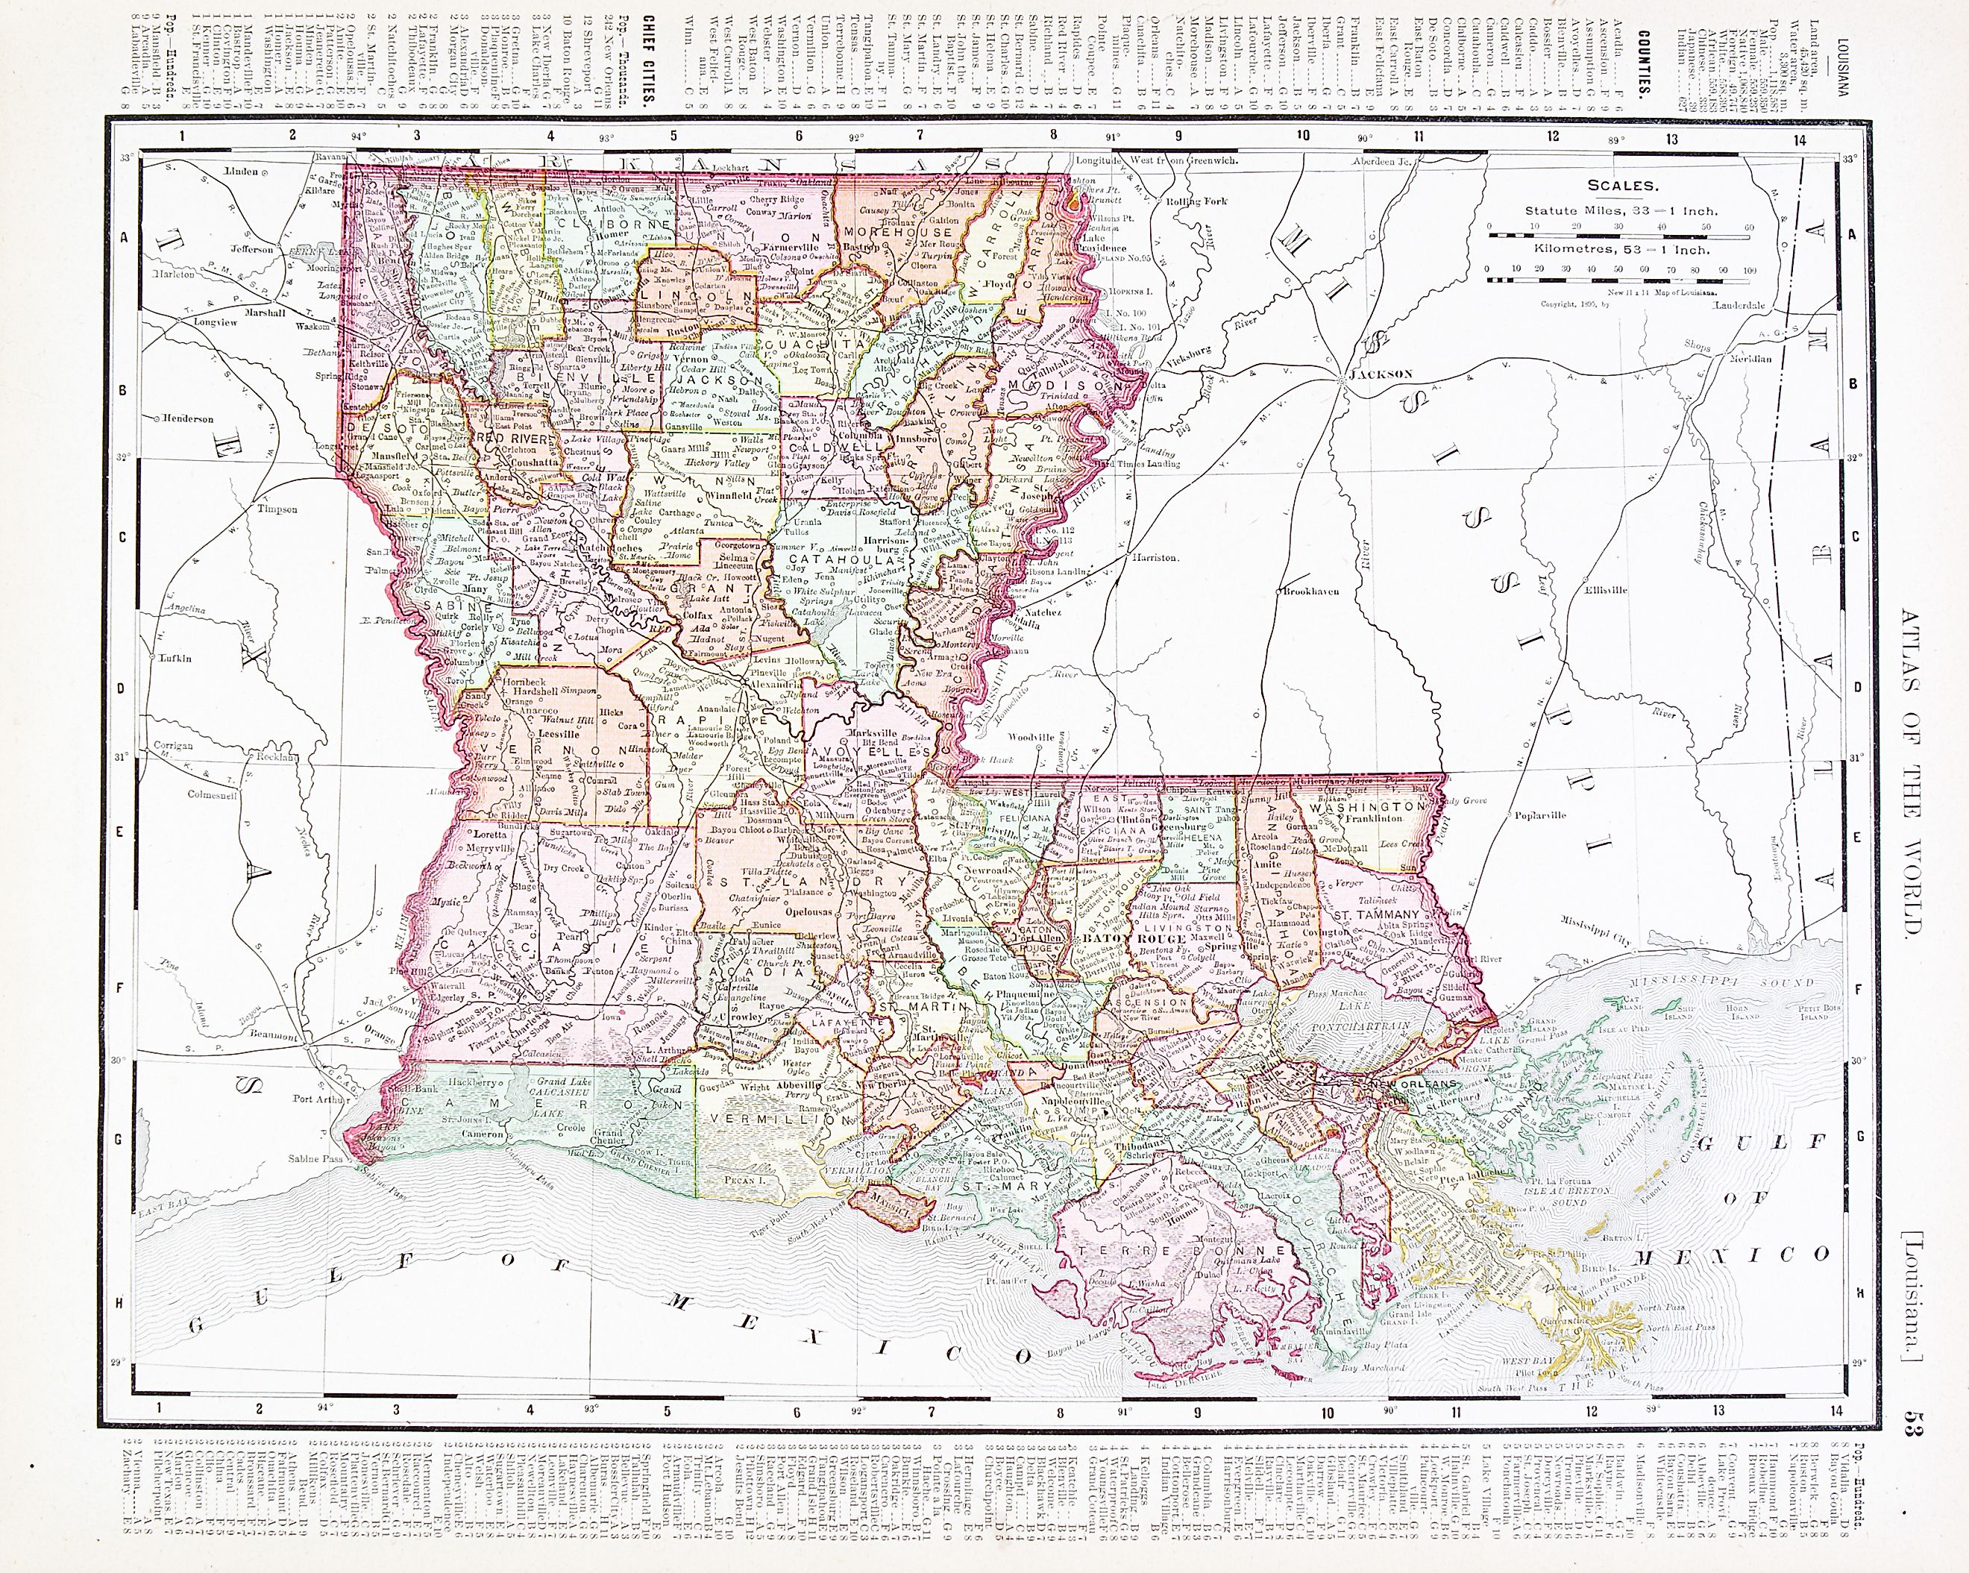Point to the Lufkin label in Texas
coord(176,658)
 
